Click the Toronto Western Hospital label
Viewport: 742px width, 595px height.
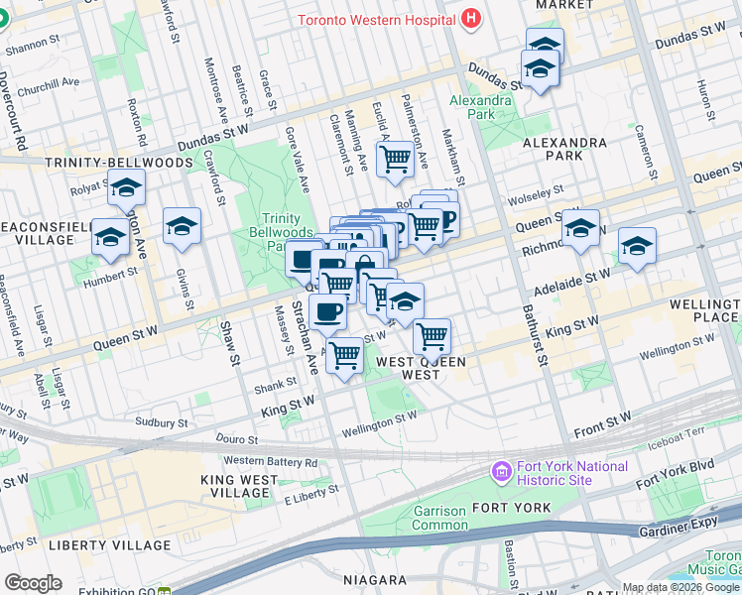376,20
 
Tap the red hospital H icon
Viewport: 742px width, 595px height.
470,19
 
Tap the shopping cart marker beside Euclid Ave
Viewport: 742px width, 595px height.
396,158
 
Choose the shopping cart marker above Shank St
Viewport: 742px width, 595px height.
345,354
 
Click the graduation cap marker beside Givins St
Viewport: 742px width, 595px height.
183,227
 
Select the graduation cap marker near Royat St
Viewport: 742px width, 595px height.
127,188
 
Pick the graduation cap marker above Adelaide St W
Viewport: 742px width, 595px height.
637,246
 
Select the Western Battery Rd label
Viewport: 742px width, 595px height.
271,461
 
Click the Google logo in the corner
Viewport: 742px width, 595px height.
33,582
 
